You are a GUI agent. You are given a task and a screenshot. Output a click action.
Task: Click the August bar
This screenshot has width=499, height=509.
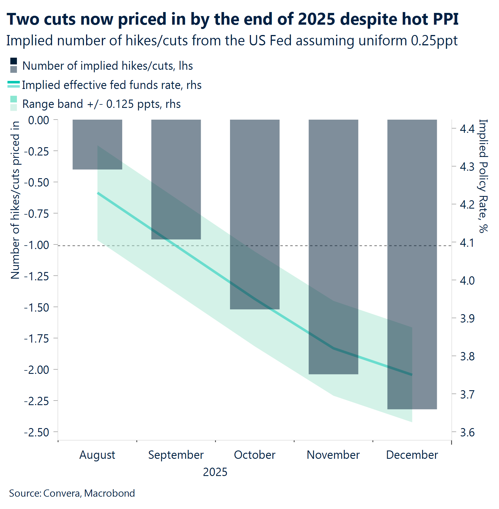97,144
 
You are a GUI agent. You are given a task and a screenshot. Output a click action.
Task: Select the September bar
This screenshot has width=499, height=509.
176,179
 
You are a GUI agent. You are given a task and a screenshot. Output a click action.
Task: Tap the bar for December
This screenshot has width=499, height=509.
412,264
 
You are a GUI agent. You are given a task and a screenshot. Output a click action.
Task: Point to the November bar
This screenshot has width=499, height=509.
333,247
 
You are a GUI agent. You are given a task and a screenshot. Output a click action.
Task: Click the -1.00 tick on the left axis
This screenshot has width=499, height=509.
36,245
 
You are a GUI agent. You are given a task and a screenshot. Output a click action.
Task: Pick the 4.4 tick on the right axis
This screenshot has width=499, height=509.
467,129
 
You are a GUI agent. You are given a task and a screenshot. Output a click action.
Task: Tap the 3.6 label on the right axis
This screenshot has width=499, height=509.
467,432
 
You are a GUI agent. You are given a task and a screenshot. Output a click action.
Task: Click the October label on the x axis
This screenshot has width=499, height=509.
254,455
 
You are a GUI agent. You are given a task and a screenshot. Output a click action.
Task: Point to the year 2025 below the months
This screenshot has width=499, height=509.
215,472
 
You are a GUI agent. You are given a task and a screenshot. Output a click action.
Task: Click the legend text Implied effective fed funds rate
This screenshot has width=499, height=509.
112,85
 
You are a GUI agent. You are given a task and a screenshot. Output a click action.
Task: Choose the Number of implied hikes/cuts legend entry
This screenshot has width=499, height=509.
107,66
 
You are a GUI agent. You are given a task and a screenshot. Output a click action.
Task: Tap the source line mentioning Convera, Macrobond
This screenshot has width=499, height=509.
72,493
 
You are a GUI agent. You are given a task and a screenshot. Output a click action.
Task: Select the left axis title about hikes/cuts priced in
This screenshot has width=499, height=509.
15,200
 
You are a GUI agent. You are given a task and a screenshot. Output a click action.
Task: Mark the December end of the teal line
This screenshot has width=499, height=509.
412,374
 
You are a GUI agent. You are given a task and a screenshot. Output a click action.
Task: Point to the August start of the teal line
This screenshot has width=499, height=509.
98,193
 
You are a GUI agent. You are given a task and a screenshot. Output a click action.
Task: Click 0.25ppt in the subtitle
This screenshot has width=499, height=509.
434,40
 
